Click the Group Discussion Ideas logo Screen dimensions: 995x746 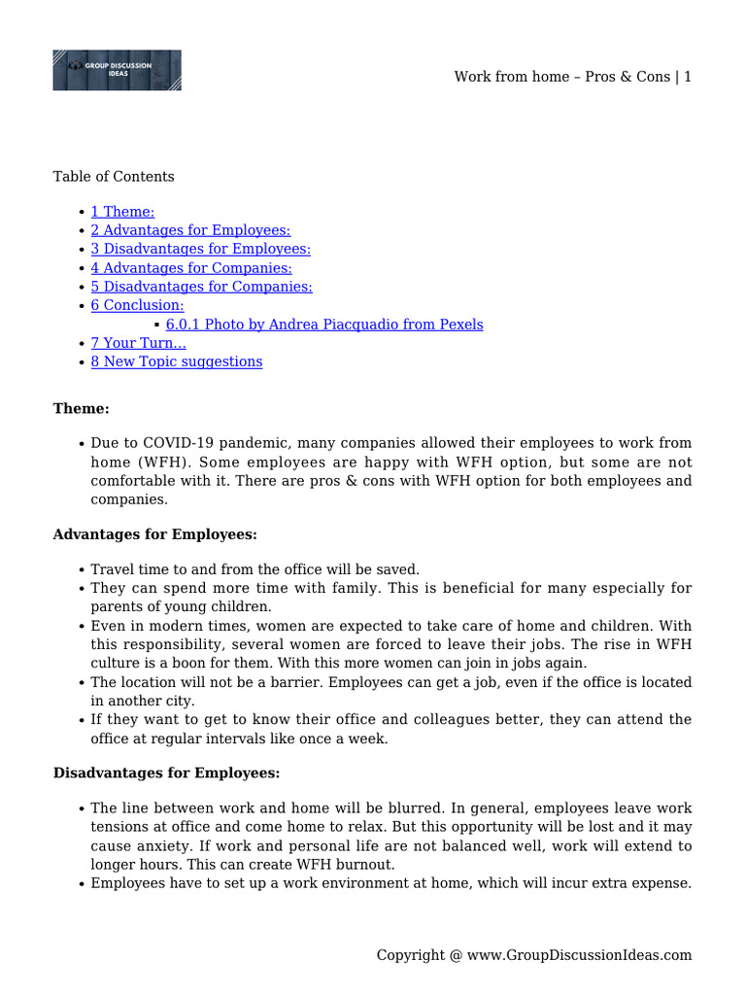(117, 70)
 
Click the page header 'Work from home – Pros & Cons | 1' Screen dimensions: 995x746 (572, 77)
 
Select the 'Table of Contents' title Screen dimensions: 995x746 (114, 176)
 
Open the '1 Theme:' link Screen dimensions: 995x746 (122, 212)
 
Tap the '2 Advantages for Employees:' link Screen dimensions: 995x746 (190, 230)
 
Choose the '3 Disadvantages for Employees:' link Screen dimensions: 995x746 (200, 249)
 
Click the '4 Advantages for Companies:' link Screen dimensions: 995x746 (191, 268)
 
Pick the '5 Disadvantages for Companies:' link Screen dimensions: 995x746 (201, 287)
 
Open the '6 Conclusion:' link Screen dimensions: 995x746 (137, 305)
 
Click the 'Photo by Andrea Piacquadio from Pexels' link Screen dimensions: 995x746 (324, 325)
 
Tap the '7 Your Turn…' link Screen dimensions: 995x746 (138, 343)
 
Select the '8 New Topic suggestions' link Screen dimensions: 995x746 (176, 361)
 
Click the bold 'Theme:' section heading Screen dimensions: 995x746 (81, 409)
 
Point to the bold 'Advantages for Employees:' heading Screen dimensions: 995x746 (154, 534)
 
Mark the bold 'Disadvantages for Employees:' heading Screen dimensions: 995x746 (166, 773)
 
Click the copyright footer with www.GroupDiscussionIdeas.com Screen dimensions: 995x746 (534, 955)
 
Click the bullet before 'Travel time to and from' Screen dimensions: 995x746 (80, 570)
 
